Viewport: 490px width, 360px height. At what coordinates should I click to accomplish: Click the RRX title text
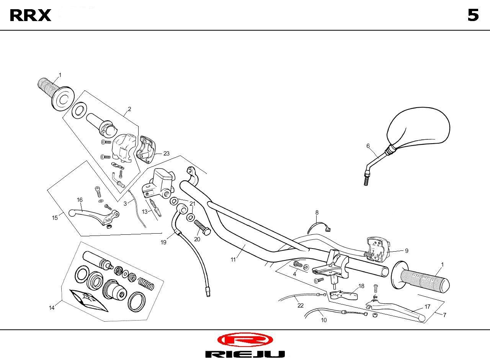tap(30, 15)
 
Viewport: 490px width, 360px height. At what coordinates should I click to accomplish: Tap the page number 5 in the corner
tap(473, 15)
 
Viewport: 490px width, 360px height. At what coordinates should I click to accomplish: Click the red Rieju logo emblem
tap(245, 339)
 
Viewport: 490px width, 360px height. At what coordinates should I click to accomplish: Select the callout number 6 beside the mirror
tap(368, 146)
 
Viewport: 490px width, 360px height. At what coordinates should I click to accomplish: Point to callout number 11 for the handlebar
tap(233, 260)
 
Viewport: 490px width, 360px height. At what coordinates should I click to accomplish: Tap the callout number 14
tap(52, 308)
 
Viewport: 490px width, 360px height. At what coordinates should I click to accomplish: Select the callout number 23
tap(166, 154)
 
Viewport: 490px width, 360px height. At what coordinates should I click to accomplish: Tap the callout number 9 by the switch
tap(407, 251)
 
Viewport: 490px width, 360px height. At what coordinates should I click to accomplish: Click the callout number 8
tap(317, 213)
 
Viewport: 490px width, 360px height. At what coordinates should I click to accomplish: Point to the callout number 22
tap(301, 305)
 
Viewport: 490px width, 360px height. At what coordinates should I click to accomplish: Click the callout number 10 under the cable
tap(324, 320)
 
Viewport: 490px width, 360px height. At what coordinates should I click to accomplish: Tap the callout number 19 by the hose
tap(163, 242)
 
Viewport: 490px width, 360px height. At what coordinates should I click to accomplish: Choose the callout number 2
tap(129, 109)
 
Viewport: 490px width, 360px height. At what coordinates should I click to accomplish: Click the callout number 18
tap(361, 286)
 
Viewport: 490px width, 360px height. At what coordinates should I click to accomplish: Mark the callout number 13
tap(145, 212)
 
